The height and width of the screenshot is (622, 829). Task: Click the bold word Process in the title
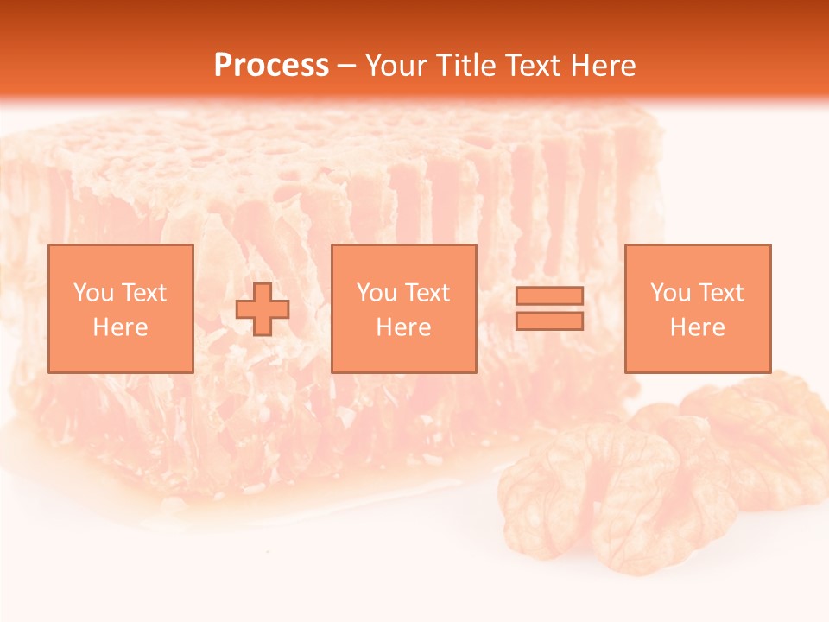click(271, 66)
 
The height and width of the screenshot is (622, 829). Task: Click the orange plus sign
click(263, 309)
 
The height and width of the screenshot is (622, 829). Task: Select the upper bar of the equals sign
click(549, 295)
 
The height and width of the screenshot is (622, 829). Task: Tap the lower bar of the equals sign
click(549, 321)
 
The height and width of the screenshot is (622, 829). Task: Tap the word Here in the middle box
click(403, 327)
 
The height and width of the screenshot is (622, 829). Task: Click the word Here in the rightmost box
click(697, 327)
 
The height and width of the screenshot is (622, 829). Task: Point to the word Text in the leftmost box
click(144, 293)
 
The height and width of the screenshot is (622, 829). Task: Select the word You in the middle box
click(377, 293)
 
